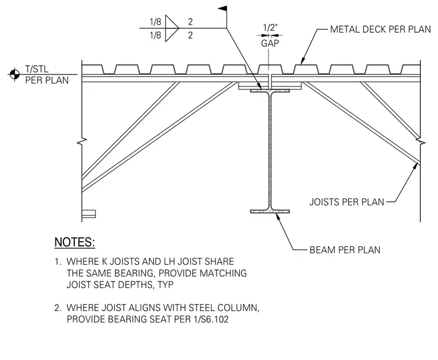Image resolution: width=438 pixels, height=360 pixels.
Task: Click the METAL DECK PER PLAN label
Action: (380, 29)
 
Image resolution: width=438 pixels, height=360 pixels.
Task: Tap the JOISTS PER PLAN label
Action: (347, 202)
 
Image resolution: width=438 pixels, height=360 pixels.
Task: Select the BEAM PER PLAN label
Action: (345, 250)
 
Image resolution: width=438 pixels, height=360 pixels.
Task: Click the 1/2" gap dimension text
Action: (270, 28)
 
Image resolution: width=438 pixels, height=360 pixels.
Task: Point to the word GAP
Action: (270, 43)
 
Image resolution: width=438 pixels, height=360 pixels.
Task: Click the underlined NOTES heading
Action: (74, 242)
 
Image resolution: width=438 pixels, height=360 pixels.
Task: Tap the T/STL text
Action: (36, 69)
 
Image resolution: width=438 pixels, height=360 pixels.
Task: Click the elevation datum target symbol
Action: (14, 74)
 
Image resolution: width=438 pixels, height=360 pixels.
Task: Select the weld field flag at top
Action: (222, 9)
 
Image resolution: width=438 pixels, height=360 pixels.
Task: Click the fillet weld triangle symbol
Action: (172, 28)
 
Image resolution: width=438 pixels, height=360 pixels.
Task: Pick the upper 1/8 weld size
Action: (156, 22)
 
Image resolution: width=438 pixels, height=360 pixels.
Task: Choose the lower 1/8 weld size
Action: (156, 35)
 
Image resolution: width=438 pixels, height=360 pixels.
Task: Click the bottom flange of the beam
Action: (270, 212)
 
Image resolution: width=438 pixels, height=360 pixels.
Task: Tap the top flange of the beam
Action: (270, 91)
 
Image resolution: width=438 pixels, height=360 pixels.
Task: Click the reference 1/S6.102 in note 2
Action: (211, 319)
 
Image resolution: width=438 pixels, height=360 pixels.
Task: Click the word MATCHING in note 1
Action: (223, 273)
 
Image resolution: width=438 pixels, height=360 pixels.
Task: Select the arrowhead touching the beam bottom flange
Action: (278, 216)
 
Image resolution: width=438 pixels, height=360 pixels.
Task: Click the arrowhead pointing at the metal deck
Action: (303, 61)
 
